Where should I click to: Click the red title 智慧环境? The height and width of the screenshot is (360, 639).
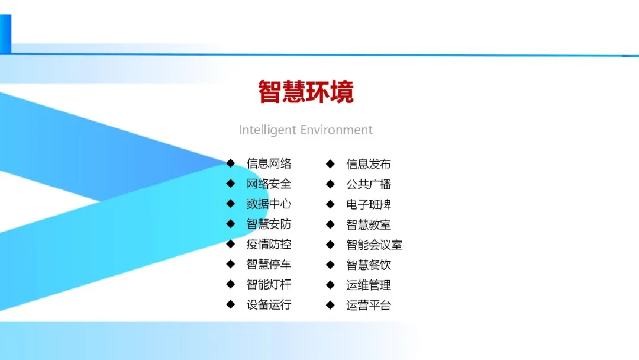(x=306, y=92)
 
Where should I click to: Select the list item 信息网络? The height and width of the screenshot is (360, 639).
(x=269, y=164)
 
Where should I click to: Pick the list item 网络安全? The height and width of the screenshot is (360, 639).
(x=269, y=184)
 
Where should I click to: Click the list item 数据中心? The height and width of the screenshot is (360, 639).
(x=269, y=204)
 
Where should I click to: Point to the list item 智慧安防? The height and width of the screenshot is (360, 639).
(x=269, y=224)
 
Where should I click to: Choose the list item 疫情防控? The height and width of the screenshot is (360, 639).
(x=269, y=245)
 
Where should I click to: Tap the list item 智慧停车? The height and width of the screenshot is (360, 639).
(x=269, y=265)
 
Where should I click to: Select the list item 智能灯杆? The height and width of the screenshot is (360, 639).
(x=269, y=285)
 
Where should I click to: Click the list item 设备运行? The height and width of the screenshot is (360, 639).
(x=269, y=305)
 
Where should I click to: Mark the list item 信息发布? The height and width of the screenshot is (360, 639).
(x=369, y=164)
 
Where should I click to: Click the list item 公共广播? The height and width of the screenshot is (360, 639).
(x=369, y=184)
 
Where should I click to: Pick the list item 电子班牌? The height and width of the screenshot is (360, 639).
(x=369, y=204)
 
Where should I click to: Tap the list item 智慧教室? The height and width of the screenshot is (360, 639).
(x=369, y=224)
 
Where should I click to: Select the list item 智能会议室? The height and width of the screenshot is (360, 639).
(x=374, y=245)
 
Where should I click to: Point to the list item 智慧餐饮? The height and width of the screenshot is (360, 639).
(x=369, y=265)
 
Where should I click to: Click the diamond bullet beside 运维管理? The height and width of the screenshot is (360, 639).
(x=331, y=285)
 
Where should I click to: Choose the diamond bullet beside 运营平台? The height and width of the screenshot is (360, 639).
(x=331, y=305)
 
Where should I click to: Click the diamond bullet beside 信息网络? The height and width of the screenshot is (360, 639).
(x=231, y=163)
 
